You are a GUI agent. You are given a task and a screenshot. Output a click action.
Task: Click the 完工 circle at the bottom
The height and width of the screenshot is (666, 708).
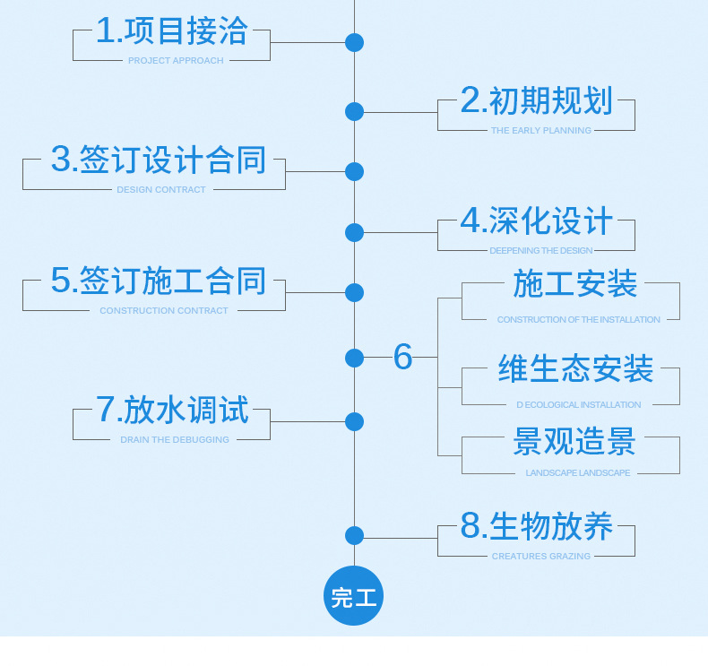click(x=354, y=596)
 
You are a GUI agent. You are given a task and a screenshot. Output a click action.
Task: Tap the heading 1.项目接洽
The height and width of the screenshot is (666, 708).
click(x=171, y=32)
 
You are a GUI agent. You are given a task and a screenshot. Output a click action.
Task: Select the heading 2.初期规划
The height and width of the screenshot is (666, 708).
click(x=536, y=101)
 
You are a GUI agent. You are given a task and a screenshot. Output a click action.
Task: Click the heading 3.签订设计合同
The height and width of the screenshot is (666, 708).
click(x=159, y=160)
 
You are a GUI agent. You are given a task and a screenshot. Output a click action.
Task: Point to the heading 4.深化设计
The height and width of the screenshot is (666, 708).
click(x=536, y=221)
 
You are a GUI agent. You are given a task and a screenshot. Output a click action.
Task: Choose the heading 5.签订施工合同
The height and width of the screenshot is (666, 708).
click(x=159, y=281)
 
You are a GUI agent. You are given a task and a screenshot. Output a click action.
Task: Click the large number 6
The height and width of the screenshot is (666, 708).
click(x=402, y=357)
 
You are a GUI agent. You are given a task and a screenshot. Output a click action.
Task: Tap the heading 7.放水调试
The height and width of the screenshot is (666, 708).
click(x=171, y=411)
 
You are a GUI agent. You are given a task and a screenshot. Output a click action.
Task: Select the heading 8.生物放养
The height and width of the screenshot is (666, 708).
click(x=536, y=527)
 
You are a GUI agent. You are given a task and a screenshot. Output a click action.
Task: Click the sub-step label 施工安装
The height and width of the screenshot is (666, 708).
click(x=574, y=285)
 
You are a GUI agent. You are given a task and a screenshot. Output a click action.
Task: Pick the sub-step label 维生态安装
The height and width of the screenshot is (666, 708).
click(x=575, y=369)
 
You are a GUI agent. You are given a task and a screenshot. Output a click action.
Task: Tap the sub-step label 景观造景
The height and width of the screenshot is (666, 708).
click(x=574, y=442)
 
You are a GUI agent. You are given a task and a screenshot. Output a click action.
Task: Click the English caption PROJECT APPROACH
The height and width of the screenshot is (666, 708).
click(x=176, y=61)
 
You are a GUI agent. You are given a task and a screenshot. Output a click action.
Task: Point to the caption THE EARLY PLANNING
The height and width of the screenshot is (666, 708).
click(x=540, y=131)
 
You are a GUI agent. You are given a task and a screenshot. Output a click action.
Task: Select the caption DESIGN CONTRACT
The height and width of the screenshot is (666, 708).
click(x=161, y=190)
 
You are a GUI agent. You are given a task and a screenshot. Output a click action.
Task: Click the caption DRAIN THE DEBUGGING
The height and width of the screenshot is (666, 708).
click(x=175, y=440)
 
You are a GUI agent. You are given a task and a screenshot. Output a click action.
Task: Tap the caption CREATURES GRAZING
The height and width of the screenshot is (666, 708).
click(x=540, y=557)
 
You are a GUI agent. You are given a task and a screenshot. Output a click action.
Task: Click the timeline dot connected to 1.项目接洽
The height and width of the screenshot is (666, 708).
click(x=354, y=42)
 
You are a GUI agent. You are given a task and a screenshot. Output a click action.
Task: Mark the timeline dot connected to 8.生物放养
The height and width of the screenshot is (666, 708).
click(x=354, y=536)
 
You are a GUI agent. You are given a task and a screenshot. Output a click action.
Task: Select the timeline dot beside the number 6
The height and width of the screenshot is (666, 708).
click(x=354, y=358)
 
